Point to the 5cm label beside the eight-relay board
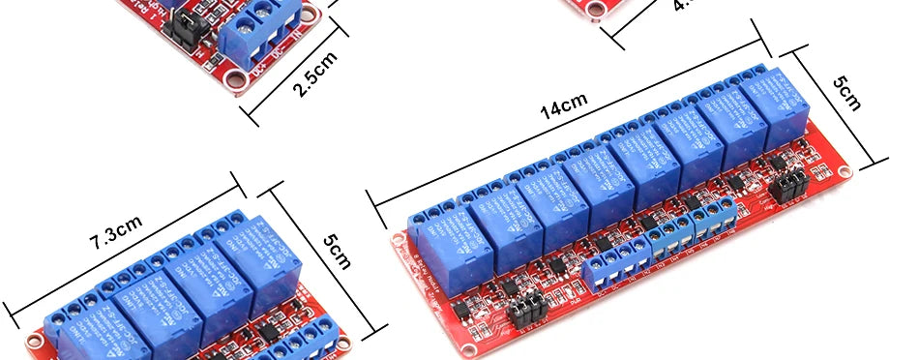tap(847, 92)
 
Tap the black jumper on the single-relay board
tap(180, 28)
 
